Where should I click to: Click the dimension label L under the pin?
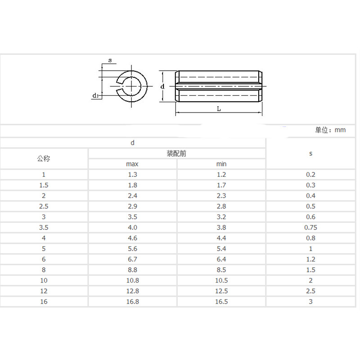click(x=218, y=108)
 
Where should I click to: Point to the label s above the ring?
click(x=109, y=60)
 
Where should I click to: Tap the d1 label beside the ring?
click(x=95, y=95)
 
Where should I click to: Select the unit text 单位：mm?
click(x=330, y=130)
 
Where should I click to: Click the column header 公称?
click(x=44, y=158)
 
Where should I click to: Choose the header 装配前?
click(x=177, y=153)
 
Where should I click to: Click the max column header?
click(x=132, y=164)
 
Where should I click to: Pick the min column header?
click(x=221, y=164)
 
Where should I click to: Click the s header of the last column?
click(x=310, y=153)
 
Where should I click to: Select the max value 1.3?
click(x=132, y=175)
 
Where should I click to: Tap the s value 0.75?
click(x=310, y=228)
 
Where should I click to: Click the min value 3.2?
click(x=221, y=217)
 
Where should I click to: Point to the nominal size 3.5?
click(x=44, y=228)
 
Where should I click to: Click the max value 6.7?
click(x=132, y=259)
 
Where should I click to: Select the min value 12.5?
click(x=221, y=291)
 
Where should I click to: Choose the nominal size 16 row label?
click(x=44, y=301)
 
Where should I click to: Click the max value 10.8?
click(x=132, y=280)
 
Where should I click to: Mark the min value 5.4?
click(x=221, y=249)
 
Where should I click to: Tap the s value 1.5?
click(x=310, y=270)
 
